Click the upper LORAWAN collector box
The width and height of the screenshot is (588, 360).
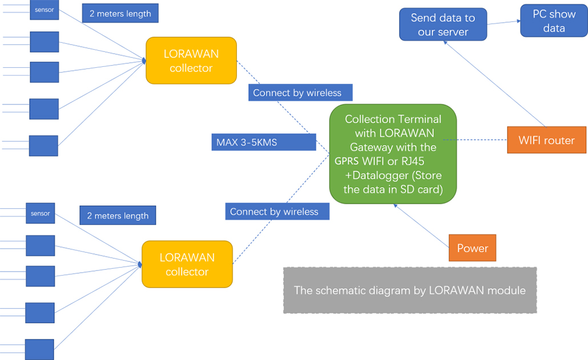[191, 61]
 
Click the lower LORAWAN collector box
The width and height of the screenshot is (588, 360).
[187, 265]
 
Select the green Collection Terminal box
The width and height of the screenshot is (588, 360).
[393, 154]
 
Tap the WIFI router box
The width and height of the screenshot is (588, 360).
[546, 140]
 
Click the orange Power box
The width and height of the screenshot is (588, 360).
[472, 248]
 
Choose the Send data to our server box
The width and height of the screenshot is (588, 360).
[442, 25]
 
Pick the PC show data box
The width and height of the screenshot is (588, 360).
[554, 21]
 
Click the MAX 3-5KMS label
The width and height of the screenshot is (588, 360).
[263, 142]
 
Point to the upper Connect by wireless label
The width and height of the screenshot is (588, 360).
[300, 92]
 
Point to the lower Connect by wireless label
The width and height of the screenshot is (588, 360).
[277, 212]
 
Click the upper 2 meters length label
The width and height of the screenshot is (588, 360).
[120, 14]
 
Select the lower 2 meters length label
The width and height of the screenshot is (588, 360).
[118, 216]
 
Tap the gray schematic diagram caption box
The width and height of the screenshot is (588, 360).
[409, 290]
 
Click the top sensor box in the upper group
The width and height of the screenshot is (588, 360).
[44, 10]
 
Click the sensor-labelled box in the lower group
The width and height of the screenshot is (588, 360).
[41, 213]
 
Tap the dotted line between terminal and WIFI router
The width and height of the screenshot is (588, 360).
[476, 140]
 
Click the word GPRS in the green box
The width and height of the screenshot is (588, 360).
[346, 161]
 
